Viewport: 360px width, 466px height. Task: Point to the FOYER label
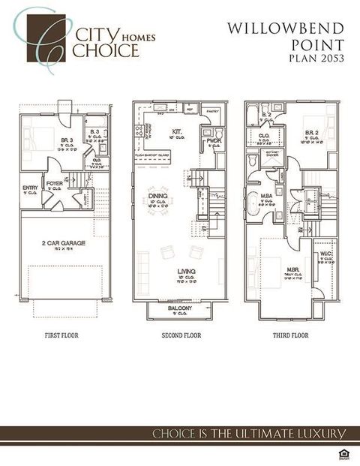[x=54, y=182]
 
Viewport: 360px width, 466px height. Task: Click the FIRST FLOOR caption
[x=61, y=335]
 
